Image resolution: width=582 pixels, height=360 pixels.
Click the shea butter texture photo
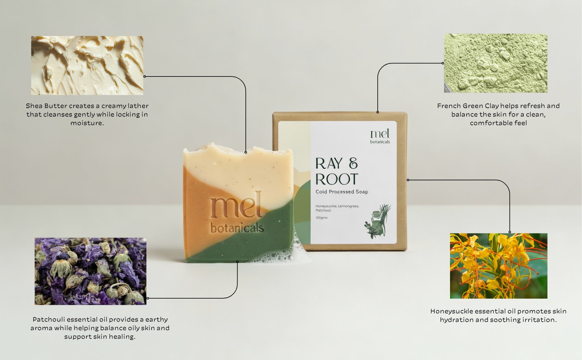pos(87,65)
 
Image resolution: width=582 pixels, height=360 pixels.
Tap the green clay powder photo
pos(496,63)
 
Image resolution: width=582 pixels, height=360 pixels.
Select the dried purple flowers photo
pos(90,271)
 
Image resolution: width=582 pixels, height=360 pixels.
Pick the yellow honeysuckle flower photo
pos(499,266)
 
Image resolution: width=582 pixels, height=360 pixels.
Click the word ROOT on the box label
pos(337,179)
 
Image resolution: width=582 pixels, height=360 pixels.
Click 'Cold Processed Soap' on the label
pos(342,192)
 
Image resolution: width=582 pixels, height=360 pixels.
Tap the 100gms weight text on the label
pos(322,218)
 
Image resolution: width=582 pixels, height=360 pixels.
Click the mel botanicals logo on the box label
pos(380,136)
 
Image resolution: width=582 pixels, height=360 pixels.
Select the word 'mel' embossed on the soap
pos(236,205)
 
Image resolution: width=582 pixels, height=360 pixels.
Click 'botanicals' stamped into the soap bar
pos(237,228)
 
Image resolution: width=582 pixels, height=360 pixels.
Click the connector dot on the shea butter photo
pos(145,76)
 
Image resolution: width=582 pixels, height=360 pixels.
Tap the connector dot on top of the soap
pos(246,152)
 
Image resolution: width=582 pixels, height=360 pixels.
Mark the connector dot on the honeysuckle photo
pos(510,232)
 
